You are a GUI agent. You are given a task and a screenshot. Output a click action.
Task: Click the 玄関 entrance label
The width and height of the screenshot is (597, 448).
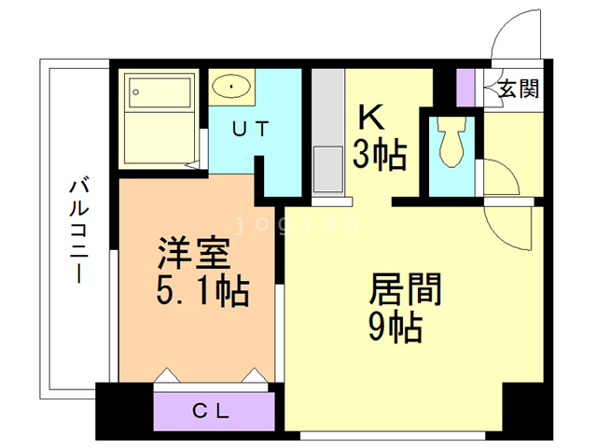point(518,90)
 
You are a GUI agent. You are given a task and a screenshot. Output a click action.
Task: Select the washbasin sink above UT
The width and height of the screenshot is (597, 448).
point(230,88)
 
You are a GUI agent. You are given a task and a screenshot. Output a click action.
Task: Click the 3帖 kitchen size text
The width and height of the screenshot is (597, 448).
point(379,155)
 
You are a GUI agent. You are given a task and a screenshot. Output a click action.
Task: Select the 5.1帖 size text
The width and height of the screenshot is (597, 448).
point(201,292)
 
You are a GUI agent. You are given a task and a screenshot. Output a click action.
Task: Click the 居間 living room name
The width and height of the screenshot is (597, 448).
point(405,290)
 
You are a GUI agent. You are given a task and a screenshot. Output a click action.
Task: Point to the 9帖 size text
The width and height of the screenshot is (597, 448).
point(397,328)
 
